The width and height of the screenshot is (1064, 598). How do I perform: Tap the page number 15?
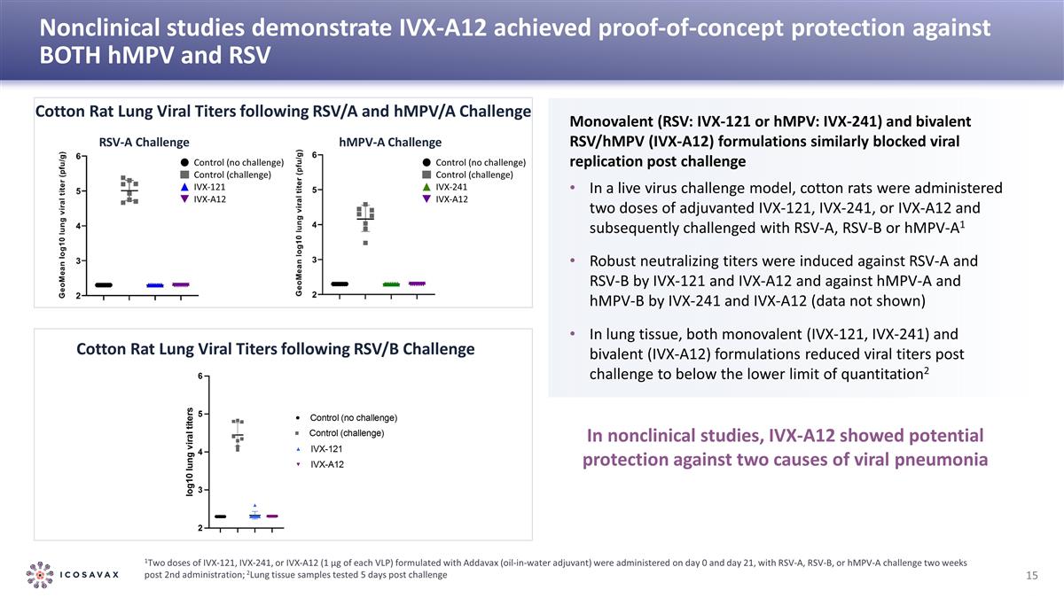[1031, 576]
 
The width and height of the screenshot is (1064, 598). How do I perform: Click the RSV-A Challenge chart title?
[144, 142]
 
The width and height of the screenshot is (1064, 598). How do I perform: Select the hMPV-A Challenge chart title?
[390, 142]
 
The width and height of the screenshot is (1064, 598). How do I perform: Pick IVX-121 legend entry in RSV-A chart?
[209, 187]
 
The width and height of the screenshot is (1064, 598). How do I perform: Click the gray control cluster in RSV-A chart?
[129, 190]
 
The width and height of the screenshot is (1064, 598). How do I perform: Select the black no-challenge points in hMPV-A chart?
[340, 283]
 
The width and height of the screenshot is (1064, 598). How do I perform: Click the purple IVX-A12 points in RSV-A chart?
[181, 284]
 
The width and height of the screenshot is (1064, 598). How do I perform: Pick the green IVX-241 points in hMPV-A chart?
[391, 283]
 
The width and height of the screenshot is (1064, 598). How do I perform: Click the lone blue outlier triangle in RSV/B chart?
[255, 506]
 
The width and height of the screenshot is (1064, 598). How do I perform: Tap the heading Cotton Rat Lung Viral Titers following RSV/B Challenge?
[276, 349]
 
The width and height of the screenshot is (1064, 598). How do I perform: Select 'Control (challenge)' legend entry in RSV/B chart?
[346, 433]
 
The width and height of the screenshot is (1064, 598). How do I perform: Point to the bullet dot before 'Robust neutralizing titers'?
[574, 262]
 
